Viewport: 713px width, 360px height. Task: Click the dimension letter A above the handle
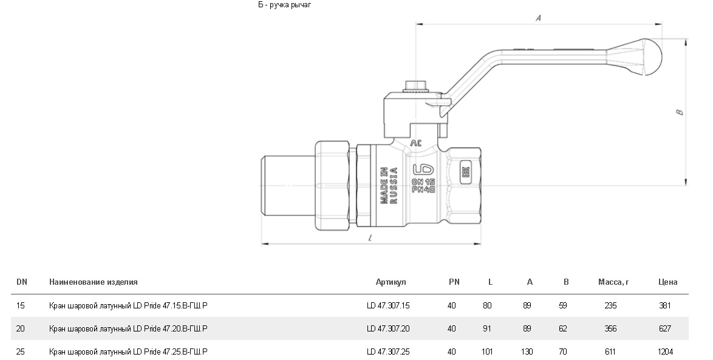[538, 19]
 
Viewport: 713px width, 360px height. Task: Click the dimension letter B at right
[680, 112]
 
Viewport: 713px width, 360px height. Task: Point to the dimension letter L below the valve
[370, 239]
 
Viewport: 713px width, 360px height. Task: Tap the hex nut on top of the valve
[416, 86]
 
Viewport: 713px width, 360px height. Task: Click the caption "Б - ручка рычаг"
[284, 5]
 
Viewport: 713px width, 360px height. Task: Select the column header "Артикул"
[391, 282]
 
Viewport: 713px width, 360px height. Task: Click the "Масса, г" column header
[612, 282]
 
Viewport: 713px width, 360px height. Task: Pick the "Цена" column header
[667, 282]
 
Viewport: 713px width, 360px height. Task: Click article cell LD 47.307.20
[388, 328]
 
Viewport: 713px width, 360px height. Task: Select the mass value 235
[610, 306]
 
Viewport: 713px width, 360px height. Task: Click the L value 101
[487, 352]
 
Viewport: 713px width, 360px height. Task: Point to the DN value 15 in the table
[21, 306]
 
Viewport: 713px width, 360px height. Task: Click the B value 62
[563, 328]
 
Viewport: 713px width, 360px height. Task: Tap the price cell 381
[665, 306]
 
